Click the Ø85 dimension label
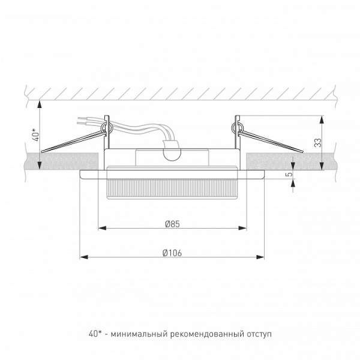[x=172, y=223]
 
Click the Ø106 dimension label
[x=172, y=253]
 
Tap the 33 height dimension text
[x=319, y=143]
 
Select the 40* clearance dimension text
[x=35, y=133]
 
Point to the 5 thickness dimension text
[x=289, y=175]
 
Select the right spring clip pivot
[x=237, y=127]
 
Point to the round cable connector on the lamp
[x=172, y=153]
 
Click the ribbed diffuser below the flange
[x=172, y=190]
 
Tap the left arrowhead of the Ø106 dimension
[x=83, y=257]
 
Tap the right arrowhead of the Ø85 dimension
[x=244, y=228]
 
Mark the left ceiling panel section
[x=60, y=161]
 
